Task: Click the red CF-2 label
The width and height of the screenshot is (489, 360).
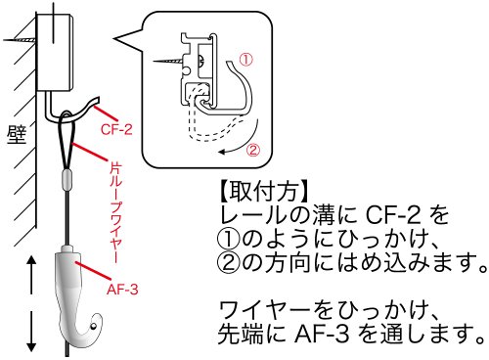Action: [116, 129]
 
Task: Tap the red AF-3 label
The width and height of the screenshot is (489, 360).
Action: [122, 290]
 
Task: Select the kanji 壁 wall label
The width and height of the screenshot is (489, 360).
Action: [17, 134]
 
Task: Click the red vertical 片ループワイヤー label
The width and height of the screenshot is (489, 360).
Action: [116, 212]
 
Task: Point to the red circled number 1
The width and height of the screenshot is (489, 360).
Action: [246, 60]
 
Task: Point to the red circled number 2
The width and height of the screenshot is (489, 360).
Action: [253, 150]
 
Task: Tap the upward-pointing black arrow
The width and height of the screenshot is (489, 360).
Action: [31, 275]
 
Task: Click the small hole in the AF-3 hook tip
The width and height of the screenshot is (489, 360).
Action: [94, 326]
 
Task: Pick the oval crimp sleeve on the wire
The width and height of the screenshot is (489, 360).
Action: [67, 180]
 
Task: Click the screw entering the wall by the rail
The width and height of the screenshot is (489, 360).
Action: [20, 40]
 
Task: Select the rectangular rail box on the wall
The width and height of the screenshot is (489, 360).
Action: [55, 52]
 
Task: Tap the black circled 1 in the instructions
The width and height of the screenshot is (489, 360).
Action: [229, 239]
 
